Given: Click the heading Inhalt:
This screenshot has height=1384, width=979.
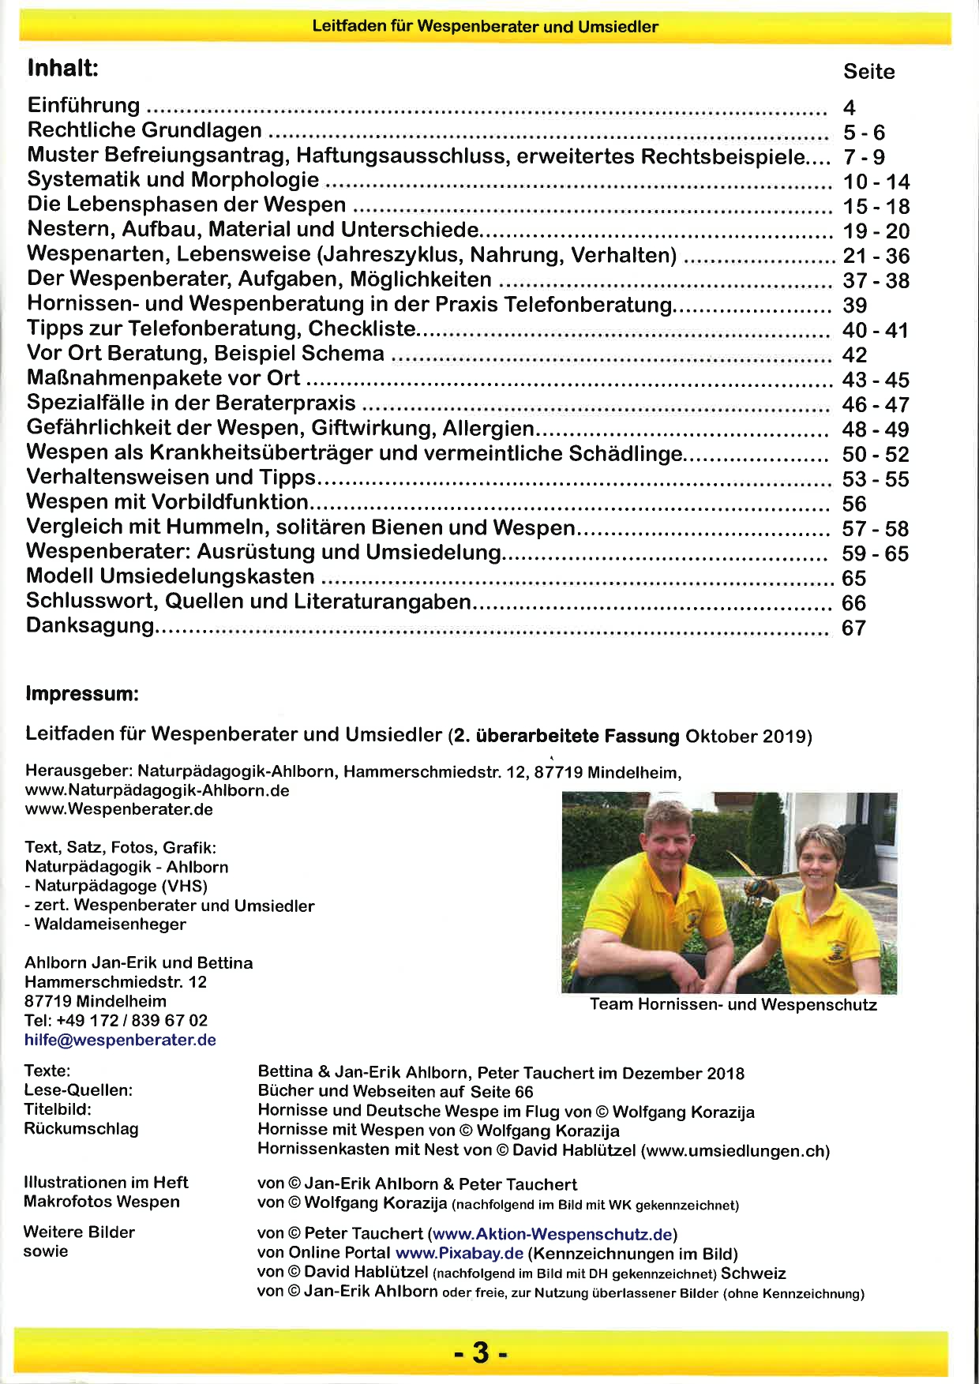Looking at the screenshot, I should pos(63,68).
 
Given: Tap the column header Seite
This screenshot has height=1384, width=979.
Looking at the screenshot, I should pos(868,72).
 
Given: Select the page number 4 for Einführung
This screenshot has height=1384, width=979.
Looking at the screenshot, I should pos(849,107).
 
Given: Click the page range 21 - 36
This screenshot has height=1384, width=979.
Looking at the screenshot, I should pos(876,256).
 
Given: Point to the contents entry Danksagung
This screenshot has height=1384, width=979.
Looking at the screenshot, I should pos(90,626).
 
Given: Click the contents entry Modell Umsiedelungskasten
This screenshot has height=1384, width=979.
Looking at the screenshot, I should pos(171,576).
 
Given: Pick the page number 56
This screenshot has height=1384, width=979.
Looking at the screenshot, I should pos(854,504).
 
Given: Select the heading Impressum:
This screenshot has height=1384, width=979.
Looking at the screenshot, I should pos(82,694).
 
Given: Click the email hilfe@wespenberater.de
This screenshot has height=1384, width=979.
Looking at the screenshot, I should pos(120,1040).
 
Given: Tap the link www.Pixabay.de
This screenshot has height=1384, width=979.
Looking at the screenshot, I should pos(459,1253).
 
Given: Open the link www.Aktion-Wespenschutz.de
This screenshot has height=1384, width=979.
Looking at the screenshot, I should pos(553,1233).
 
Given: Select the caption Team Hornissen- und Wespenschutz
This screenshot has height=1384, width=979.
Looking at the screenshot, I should pos(733,1005).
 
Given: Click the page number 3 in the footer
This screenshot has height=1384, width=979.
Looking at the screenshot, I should pos(481,1352).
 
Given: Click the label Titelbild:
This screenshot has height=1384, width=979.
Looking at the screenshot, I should pos(58,1109).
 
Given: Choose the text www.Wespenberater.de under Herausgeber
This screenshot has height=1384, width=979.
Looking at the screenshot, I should pos(118,809).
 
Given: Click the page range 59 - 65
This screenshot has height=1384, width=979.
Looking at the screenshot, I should pos(875,553).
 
